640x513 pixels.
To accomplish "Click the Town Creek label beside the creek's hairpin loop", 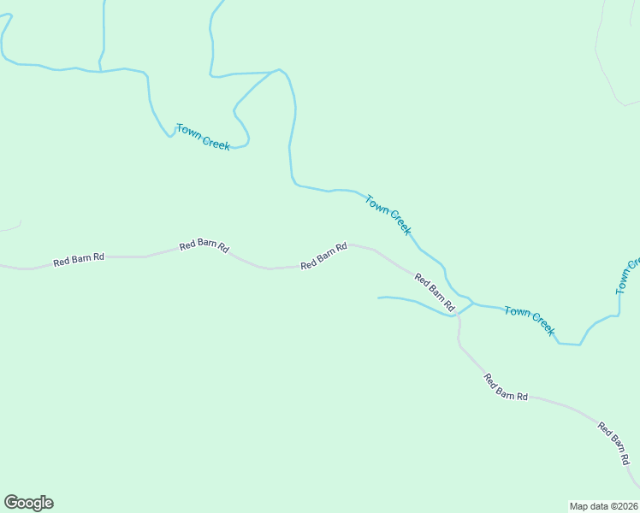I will pyautogui.click(x=203, y=137).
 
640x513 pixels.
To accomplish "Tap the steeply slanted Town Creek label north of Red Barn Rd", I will pyautogui.click(x=388, y=215).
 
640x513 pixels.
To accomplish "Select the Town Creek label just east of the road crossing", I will pyautogui.click(x=530, y=321).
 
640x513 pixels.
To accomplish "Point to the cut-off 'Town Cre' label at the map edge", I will pyautogui.click(x=628, y=276).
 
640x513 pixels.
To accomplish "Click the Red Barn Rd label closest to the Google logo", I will pyautogui.click(x=79, y=259).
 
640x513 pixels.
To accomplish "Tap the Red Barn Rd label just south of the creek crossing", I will pyautogui.click(x=506, y=387).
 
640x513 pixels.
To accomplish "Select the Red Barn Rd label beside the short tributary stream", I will pyautogui.click(x=435, y=291).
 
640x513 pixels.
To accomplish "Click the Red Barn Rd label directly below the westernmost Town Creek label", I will pyautogui.click(x=204, y=245).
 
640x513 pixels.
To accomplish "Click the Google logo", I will pyautogui.click(x=28, y=503).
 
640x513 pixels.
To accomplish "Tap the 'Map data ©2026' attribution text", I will pyautogui.click(x=604, y=506).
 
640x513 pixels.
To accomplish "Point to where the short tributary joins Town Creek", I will pyautogui.click(x=473, y=304).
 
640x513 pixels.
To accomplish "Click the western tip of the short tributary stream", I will pyautogui.click(x=379, y=298).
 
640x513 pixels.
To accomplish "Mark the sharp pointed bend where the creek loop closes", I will pyautogui.click(x=278, y=70).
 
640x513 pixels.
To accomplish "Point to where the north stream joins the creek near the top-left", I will pyautogui.click(x=101, y=71).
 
